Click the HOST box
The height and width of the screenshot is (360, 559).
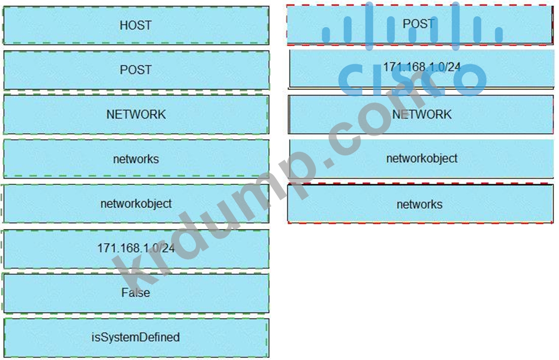(x=136, y=25)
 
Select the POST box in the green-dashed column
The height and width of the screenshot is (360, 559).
(x=136, y=70)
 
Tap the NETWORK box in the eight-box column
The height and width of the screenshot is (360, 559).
(x=136, y=114)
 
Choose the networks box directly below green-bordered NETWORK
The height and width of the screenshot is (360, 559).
(x=136, y=159)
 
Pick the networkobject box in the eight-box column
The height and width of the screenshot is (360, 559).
(x=136, y=204)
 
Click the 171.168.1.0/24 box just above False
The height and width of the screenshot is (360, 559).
(x=136, y=248)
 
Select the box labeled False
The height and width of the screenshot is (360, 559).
(x=136, y=293)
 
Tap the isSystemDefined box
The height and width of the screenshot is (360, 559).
(x=136, y=337)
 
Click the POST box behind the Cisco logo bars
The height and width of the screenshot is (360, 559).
(x=419, y=24)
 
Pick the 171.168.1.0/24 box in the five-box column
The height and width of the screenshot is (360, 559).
(x=420, y=68)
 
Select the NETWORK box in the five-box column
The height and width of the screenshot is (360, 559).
(x=420, y=114)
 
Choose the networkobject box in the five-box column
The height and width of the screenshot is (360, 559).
(x=421, y=158)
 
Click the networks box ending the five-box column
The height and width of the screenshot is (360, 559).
(x=420, y=204)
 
